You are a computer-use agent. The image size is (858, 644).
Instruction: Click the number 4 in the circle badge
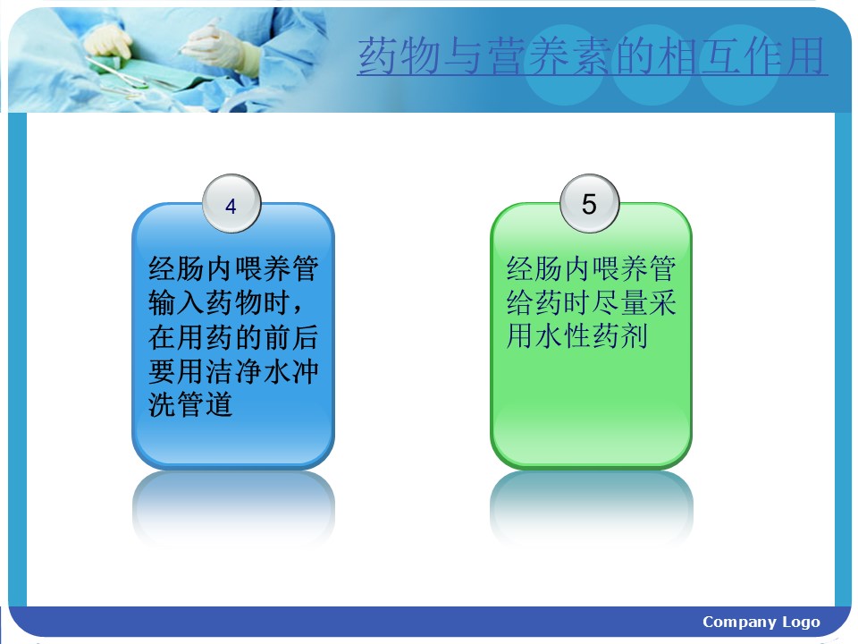pyautogui.click(x=231, y=207)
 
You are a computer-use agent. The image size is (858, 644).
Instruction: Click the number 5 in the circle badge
pyautogui.click(x=589, y=204)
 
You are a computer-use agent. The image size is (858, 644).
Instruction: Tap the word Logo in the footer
pyautogui.click(x=801, y=623)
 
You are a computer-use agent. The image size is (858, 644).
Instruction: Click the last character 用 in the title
pyautogui.click(x=806, y=55)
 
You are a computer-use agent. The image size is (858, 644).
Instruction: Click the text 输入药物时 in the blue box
pyautogui.click(x=219, y=302)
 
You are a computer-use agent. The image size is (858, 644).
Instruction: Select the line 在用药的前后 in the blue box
pyautogui.click(x=233, y=337)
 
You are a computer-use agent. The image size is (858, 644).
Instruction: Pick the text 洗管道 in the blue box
pyautogui.click(x=190, y=404)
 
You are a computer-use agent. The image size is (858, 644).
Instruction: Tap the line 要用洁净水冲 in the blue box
pyautogui.click(x=233, y=370)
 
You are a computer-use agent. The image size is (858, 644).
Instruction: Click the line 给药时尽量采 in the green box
pyautogui.click(x=591, y=302)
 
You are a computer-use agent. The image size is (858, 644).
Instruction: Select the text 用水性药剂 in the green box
pyautogui.click(x=576, y=335)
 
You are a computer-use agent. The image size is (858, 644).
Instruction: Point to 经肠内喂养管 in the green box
pyautogui.click(x=591, y=268)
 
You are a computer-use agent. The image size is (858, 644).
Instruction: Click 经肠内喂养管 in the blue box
pyautogui.click(x=233, y=268)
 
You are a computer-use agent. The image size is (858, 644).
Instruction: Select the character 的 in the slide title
pyautogui.click(x=635, y=55)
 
